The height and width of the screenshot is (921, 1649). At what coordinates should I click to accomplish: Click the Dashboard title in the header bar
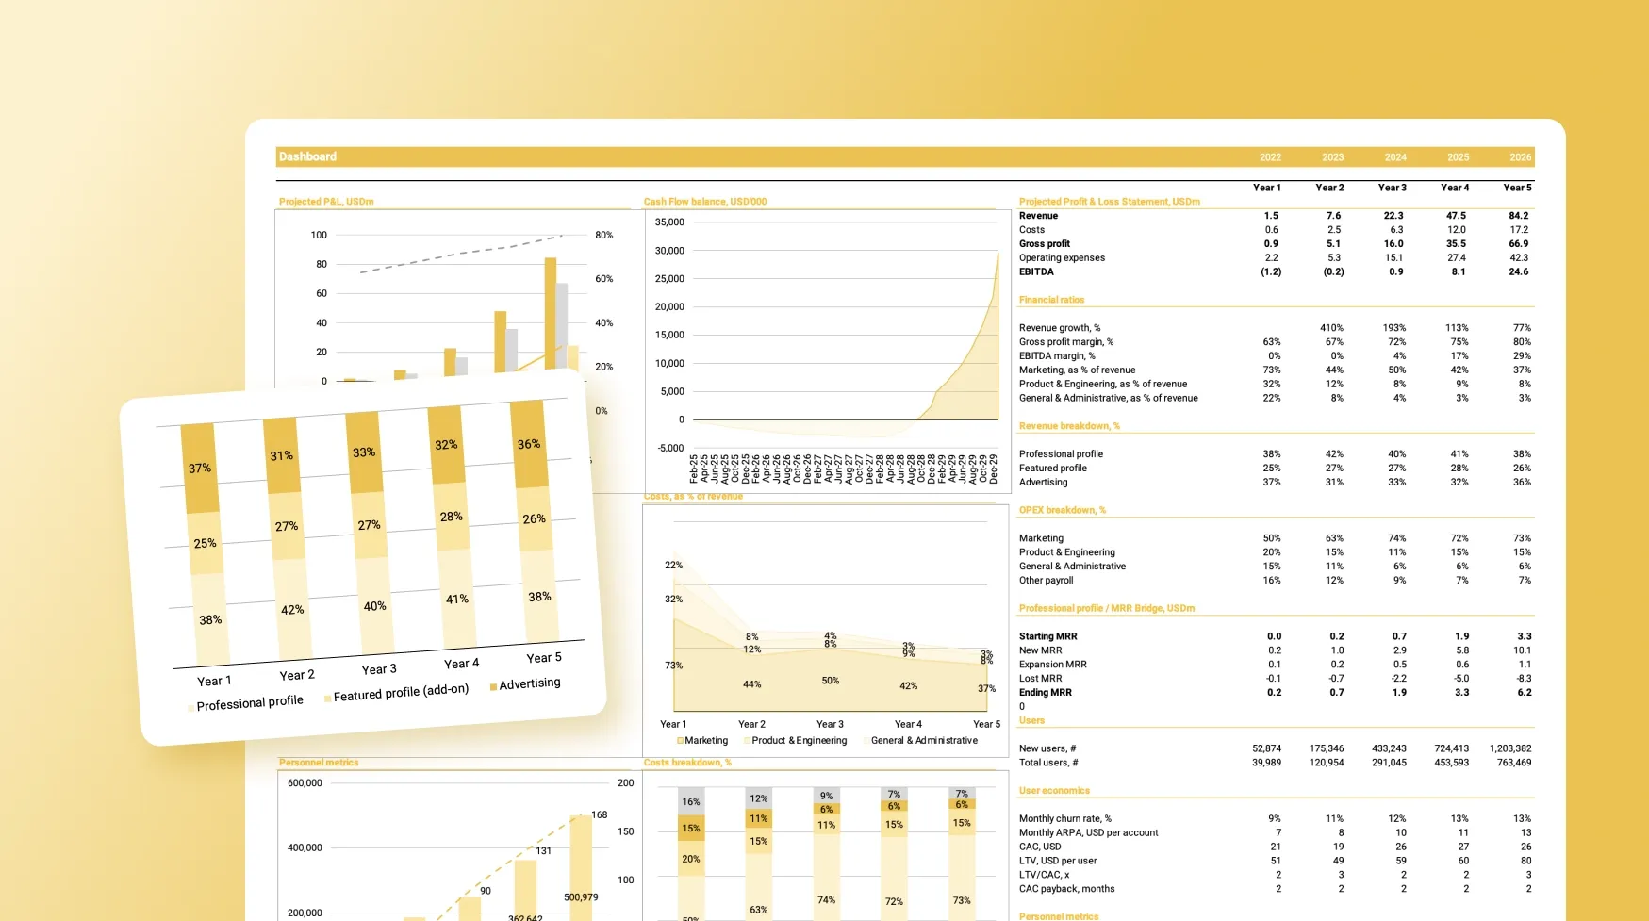(x=307, y=156)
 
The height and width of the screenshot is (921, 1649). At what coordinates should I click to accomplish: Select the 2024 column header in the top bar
(x=1395, y=157)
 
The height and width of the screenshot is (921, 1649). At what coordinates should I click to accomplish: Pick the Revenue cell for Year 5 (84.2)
(x=1518, y=216)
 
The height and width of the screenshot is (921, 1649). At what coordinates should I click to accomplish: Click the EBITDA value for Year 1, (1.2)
(x=1271, y=271)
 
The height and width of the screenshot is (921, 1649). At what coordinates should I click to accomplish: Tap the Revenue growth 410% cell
(x=1331, y=328)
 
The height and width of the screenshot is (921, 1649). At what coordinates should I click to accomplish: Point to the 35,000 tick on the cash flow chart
(x=669, y=222)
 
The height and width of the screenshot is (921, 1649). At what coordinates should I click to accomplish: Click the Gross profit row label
(x=1045, y=243)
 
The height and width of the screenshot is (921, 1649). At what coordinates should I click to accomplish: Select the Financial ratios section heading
(x=1051, y=300)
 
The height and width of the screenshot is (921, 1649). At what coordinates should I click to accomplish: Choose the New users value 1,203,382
(x=1509, y=748)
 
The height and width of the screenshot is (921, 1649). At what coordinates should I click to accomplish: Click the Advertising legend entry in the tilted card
(x=529, y=683)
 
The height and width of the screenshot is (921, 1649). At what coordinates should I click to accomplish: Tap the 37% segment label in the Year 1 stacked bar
(x=200, y=468)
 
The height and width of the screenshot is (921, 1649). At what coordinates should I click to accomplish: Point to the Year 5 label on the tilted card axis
(x=544, y=658)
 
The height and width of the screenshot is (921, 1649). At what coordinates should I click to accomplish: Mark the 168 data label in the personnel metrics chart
(x=600, y=814)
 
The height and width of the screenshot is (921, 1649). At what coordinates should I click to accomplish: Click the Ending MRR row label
(x=1045, y=692)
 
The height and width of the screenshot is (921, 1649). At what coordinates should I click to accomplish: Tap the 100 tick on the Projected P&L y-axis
(x=319, y=235)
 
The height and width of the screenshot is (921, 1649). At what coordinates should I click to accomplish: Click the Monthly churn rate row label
(x=1064, y=818)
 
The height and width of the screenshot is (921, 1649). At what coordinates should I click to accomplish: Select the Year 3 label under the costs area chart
(x=830, y=724)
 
